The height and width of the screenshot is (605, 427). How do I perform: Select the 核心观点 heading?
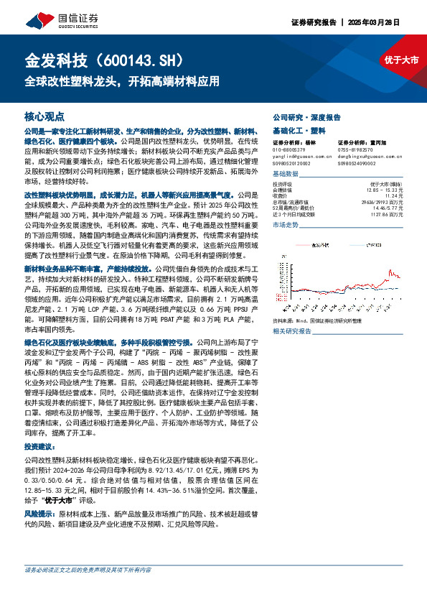pyautogui.click(x=44, y=116)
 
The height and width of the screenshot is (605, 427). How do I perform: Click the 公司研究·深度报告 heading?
pyautogui.click(x=306, y=116)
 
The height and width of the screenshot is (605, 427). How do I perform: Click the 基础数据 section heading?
pyautogui.click(x=286, y=175)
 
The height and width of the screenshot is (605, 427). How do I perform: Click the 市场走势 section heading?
pyautogui.click(x=286, y=226)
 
